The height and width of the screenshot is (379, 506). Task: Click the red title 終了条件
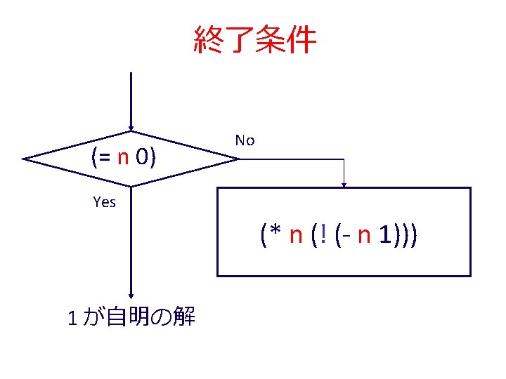point(254,40)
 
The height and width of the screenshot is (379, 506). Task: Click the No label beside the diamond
point(245,140)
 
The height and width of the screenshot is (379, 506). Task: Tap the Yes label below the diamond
point(104,203)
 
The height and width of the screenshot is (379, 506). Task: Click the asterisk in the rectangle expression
point(275,232)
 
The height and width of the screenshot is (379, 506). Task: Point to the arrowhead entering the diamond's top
point(131,128)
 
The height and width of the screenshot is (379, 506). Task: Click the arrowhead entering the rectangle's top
point(344,185)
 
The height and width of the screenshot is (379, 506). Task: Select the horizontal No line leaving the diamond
point(288,159)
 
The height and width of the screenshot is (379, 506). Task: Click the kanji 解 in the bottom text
point(184,318)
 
